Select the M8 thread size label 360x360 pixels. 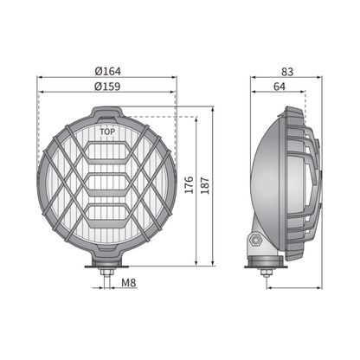(x=128, y=283)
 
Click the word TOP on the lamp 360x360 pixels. (x=106, y=132)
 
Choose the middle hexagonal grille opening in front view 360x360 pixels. (x=106, y=184)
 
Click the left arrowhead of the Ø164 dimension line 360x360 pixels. (x=39, y=77)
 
